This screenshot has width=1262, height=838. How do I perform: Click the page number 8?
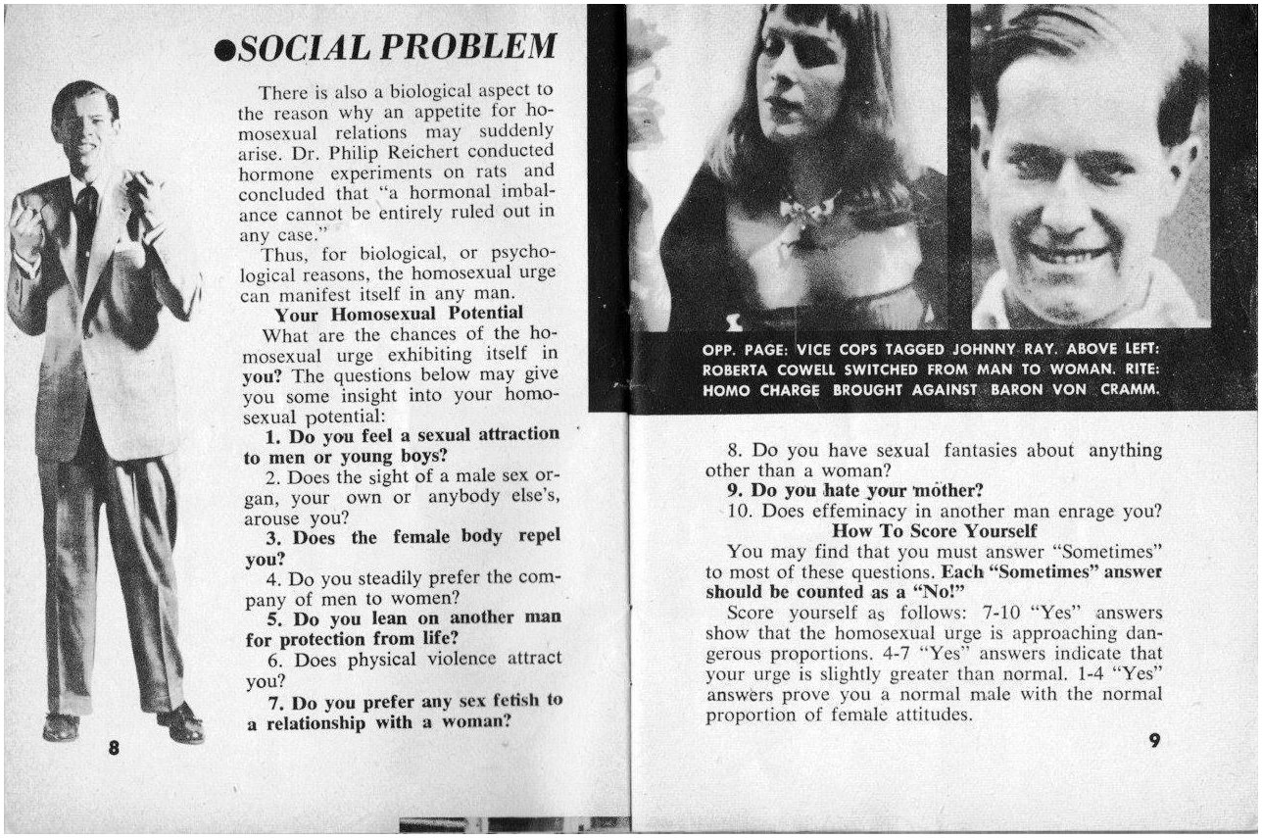pos(115,747)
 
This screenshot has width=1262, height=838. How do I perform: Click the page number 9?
pos(1154,741)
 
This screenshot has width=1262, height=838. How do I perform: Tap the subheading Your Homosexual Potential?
pos(399,314)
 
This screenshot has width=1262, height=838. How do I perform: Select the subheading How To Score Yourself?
pos(934,530)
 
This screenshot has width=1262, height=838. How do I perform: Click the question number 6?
pos(274,660)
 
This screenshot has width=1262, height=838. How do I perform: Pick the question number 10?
pos(738,511)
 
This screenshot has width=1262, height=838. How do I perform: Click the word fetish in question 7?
pos(514,701)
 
